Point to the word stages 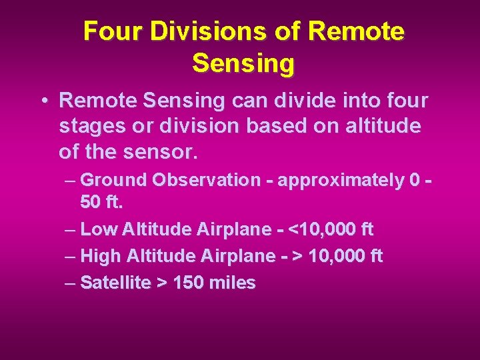point(89,127)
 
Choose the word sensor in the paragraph point(167,152)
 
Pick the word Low point(98,230)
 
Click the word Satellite point(115,283)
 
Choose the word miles point(231,283)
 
